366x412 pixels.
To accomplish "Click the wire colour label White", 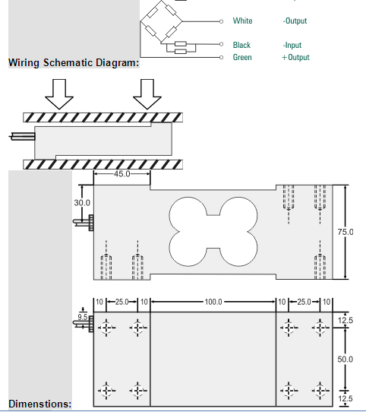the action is pyautogui.click(x=242, y=21).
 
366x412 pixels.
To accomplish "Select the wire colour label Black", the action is pyautogui.click(x=241, y=45).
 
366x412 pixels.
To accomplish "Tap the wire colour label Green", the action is pyautogui.click(x=242, y=57).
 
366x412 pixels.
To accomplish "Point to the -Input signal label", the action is pyautogui.click(x=292, y=45).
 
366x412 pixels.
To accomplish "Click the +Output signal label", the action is pyautogui.click(x=295, y=57).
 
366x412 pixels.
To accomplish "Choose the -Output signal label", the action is pyautogui.click(x=295, y=21).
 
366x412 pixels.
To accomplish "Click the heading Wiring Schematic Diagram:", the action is pyautogui.click(x=74, y=63).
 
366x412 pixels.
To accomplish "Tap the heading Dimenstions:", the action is pyautogui.click(x=40, y=404).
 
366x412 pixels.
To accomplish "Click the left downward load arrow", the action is pyautogui.click(x=59, y=94).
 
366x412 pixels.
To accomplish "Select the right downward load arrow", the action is pyautogui.click(x=147, y=94).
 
